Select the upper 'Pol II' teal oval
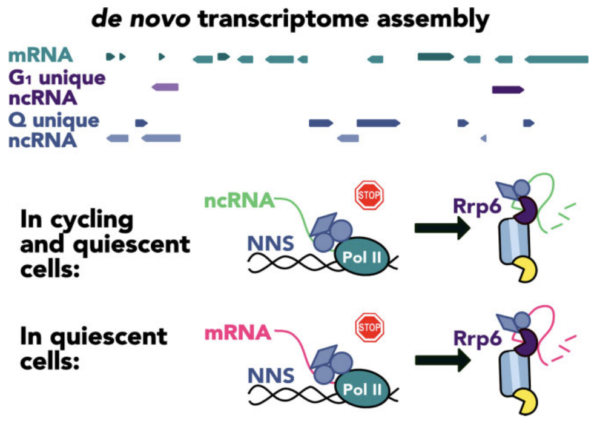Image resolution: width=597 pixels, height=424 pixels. tap(361, 256)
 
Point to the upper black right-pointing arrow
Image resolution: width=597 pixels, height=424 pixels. tap(441, 228)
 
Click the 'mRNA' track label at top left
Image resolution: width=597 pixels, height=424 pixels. tap(41, 58)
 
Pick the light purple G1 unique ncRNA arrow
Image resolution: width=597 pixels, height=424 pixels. tap(165, 87)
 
